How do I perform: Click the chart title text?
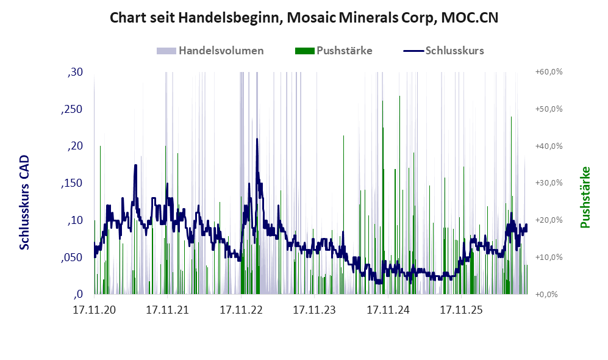pyautogui.click(x=304, y=18)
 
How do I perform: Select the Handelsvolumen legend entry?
pyautogui.click(x=210, y=51)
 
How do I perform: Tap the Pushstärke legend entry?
pyautogui.click(x=334, y=51)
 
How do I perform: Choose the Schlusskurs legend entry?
pyautogui.click(x=443, y=51)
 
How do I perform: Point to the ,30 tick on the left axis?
pyautogui.click(x=75, y=72)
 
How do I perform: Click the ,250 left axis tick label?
pyautogui.click(x=72, y=109)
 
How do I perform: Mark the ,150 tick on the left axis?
pyautogui.click(x=72, y=184)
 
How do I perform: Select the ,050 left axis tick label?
pyautogui.click(x=72, y=257)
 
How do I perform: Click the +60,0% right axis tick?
pyautogui.click(x=549, y=72)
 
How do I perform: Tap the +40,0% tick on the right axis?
pyautogui.click(x=549, y=146)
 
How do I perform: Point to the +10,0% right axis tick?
pyautogui.click(x=549, y=257)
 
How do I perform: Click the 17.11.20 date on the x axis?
pyautogui.click(x=95, y=310)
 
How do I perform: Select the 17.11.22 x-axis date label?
pyautogui.click(x=241, y=310)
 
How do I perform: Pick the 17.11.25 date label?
pyautogui.click(x=462, y=310)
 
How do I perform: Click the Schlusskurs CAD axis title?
pyautogui.click(x=24, y=203)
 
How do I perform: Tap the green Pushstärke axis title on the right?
pyautogui.click(x=585, y=198)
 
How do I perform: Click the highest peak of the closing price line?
pyautogui.click(x=257, y=139)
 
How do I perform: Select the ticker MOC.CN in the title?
pyautogui.click(x=470, y=18)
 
